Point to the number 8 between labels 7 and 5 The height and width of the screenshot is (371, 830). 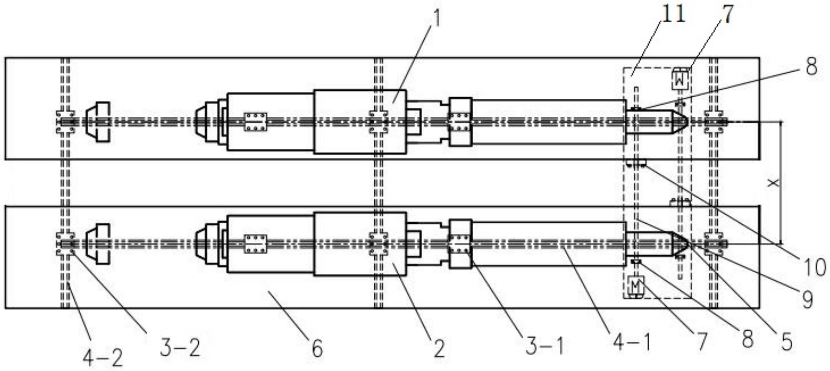(x=747, y=339)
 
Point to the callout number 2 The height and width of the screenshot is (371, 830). (x=439, y=348)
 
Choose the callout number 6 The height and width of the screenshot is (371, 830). (x=317, y=348)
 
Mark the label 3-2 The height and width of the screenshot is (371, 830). (x=180, y=348)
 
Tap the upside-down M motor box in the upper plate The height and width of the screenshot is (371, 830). (x=680, y=80)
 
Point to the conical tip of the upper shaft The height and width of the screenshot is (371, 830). (x=680, y=121)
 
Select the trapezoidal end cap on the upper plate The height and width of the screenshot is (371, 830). (x=98, y=122)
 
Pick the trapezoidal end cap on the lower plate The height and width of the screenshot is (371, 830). (x=98, y=244)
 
